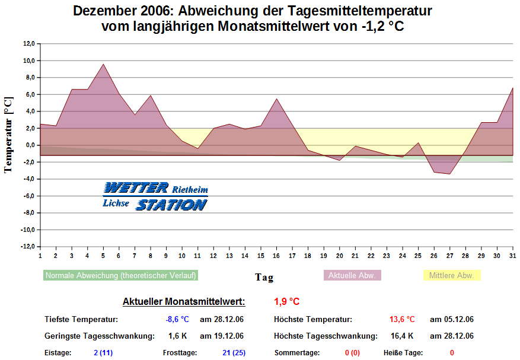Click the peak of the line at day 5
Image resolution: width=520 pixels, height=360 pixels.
click(x=103, y=64)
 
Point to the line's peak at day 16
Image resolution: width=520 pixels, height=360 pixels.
click(x=276, y=98)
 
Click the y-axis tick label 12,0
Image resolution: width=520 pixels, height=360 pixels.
click(x=28, y=44)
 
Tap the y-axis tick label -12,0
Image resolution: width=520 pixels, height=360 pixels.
click(x=27, y=247)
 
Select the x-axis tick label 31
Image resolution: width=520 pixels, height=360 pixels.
click(x=512, y=256)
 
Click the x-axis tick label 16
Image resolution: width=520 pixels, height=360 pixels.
click(x=276, y=256)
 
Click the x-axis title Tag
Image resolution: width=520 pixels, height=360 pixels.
click(x=264, y=277)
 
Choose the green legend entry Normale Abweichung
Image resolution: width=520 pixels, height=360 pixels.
click(x=120, y=276)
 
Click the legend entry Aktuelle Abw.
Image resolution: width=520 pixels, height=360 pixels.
click(x=352, y=276)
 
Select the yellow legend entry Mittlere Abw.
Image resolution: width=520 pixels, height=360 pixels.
click(x=451, y=276)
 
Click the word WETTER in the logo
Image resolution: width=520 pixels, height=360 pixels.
click(x=136, y=189)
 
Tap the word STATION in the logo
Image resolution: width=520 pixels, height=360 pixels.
click(x=171, y=205)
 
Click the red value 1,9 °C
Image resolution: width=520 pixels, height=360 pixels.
click(x=287, y=302)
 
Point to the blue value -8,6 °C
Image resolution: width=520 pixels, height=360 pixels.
click(x=177, y=320)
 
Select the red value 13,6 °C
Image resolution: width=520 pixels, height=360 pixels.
click(x=402, y=320)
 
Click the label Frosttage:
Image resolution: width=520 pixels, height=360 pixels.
click(x=180, y=353)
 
